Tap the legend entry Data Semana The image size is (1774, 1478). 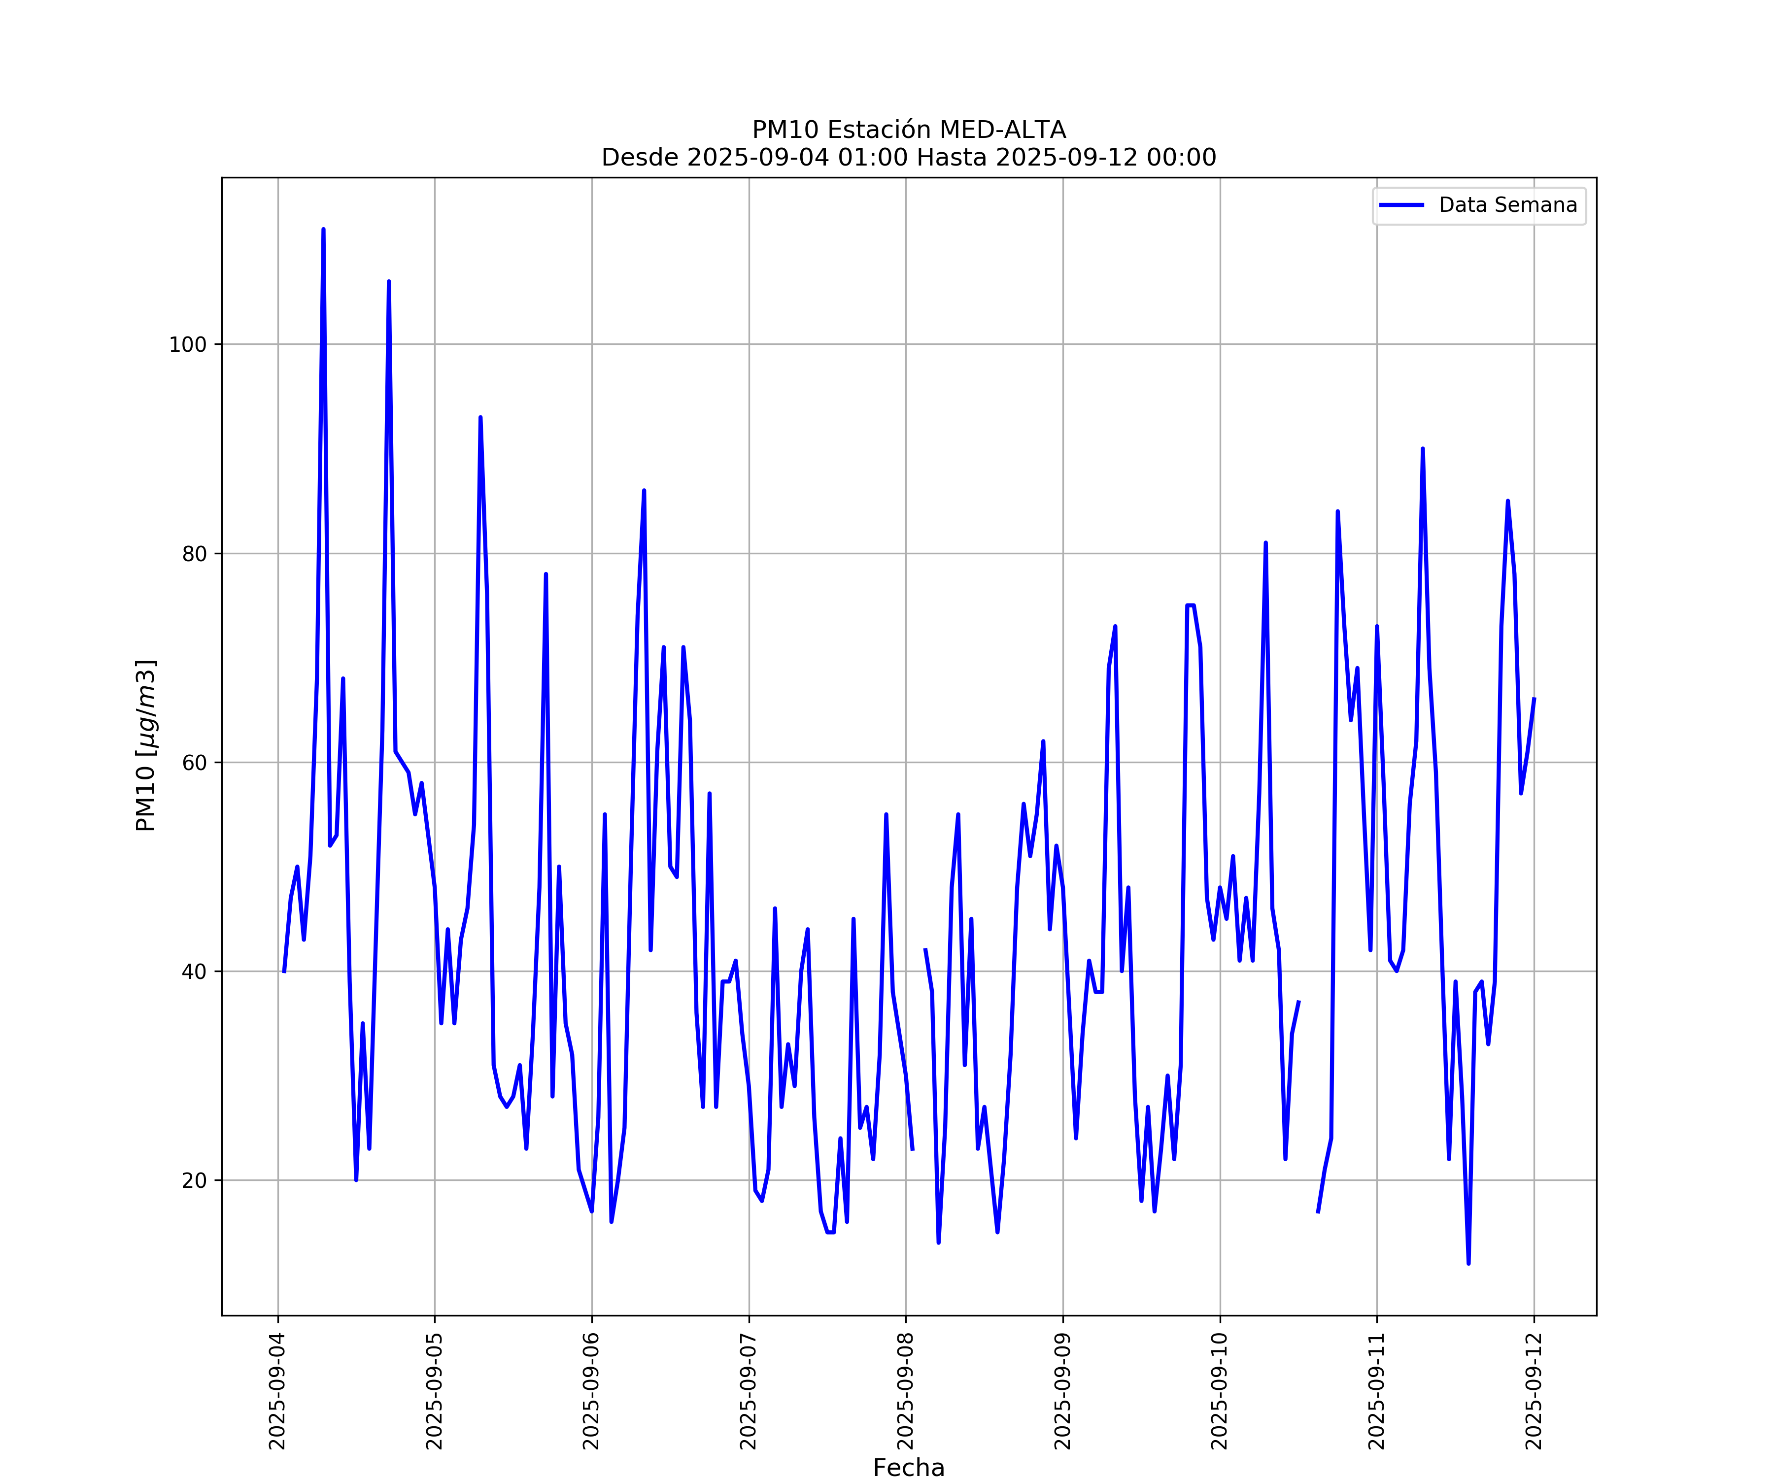[1507, 205]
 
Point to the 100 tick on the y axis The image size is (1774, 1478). [188, 344]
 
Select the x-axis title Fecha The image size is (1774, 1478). [909, 1468]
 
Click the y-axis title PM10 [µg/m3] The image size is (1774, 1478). [145, 746]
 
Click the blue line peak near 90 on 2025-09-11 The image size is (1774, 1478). [1423, 449]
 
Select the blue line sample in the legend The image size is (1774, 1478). [1401, 205]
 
